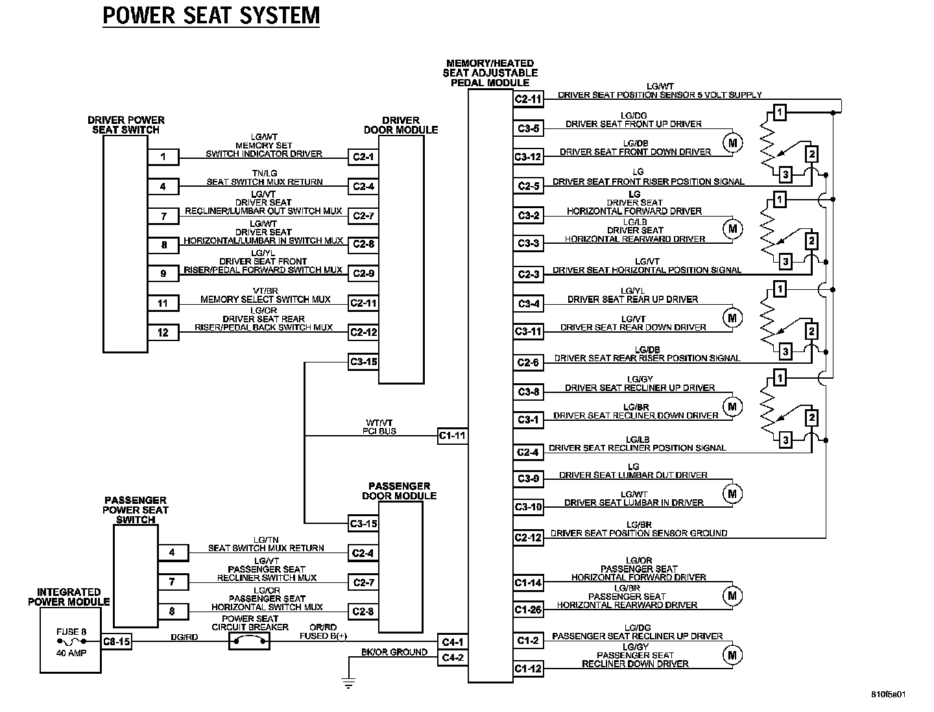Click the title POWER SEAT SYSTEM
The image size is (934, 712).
point(211,15)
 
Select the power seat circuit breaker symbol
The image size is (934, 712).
point(250,642)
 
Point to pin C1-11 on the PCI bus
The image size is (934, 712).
point(453,436)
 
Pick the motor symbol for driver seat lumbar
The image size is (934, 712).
point(732,493)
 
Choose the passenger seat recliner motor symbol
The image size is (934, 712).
point(732,655)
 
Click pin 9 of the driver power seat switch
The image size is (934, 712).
point(163,274)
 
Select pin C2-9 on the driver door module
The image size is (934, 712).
point(363,274)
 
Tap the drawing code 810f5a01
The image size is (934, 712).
point(888,694)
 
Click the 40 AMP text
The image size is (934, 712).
point(71,653)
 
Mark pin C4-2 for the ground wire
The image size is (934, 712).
point(453,658)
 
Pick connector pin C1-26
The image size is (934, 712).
point(528,610)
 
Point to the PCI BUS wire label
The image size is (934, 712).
point(379,431)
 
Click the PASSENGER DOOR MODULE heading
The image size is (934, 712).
point(399,491)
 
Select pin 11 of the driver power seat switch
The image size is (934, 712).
point(163,303)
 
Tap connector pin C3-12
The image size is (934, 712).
point(528,156)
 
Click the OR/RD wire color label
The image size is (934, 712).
point(322,627)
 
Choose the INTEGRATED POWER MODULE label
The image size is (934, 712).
point(69,597)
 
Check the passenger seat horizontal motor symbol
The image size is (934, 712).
point(732,595)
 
